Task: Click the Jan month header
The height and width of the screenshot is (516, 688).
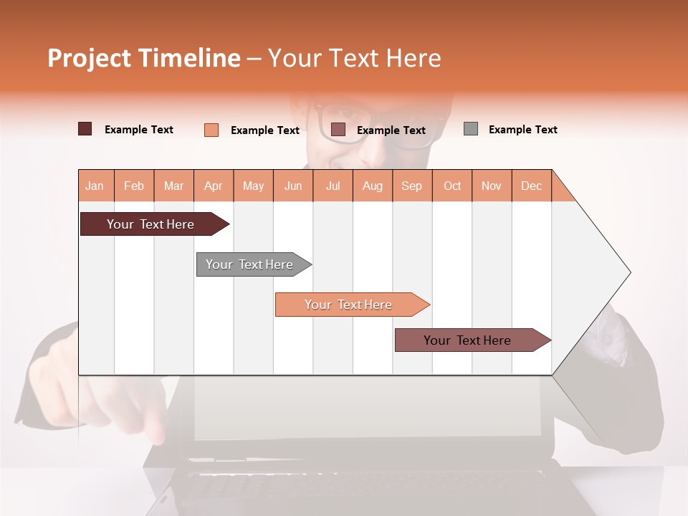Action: (x=95, y=186)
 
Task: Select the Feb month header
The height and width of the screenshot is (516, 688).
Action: (x=134, y=186)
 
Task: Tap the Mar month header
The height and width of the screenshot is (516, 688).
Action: (x=173, y=186)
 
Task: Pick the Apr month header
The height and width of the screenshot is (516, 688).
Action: (x=214, y=186)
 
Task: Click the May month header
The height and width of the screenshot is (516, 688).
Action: (x=253, y=186)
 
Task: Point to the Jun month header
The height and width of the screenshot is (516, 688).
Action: (x=293, y=186)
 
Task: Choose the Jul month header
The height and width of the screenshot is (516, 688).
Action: (x=333, y=186)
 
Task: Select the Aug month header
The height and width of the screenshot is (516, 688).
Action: (x=373, y=186)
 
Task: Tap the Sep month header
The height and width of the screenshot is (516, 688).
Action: (x=412, y=186)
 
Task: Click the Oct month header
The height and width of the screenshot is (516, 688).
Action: (x=452, y=186)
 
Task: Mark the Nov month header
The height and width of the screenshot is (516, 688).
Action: (x=492, y=186)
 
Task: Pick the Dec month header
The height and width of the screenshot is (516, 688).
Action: (x=531, y=186)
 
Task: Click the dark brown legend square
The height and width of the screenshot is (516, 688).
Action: (x=85, y=129)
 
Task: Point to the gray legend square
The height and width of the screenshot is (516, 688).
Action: (x=471, y=129)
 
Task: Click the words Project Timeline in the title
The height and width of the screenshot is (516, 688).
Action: (x=144, y=58)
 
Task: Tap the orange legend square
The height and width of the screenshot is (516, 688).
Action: (x=211, y=130)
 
